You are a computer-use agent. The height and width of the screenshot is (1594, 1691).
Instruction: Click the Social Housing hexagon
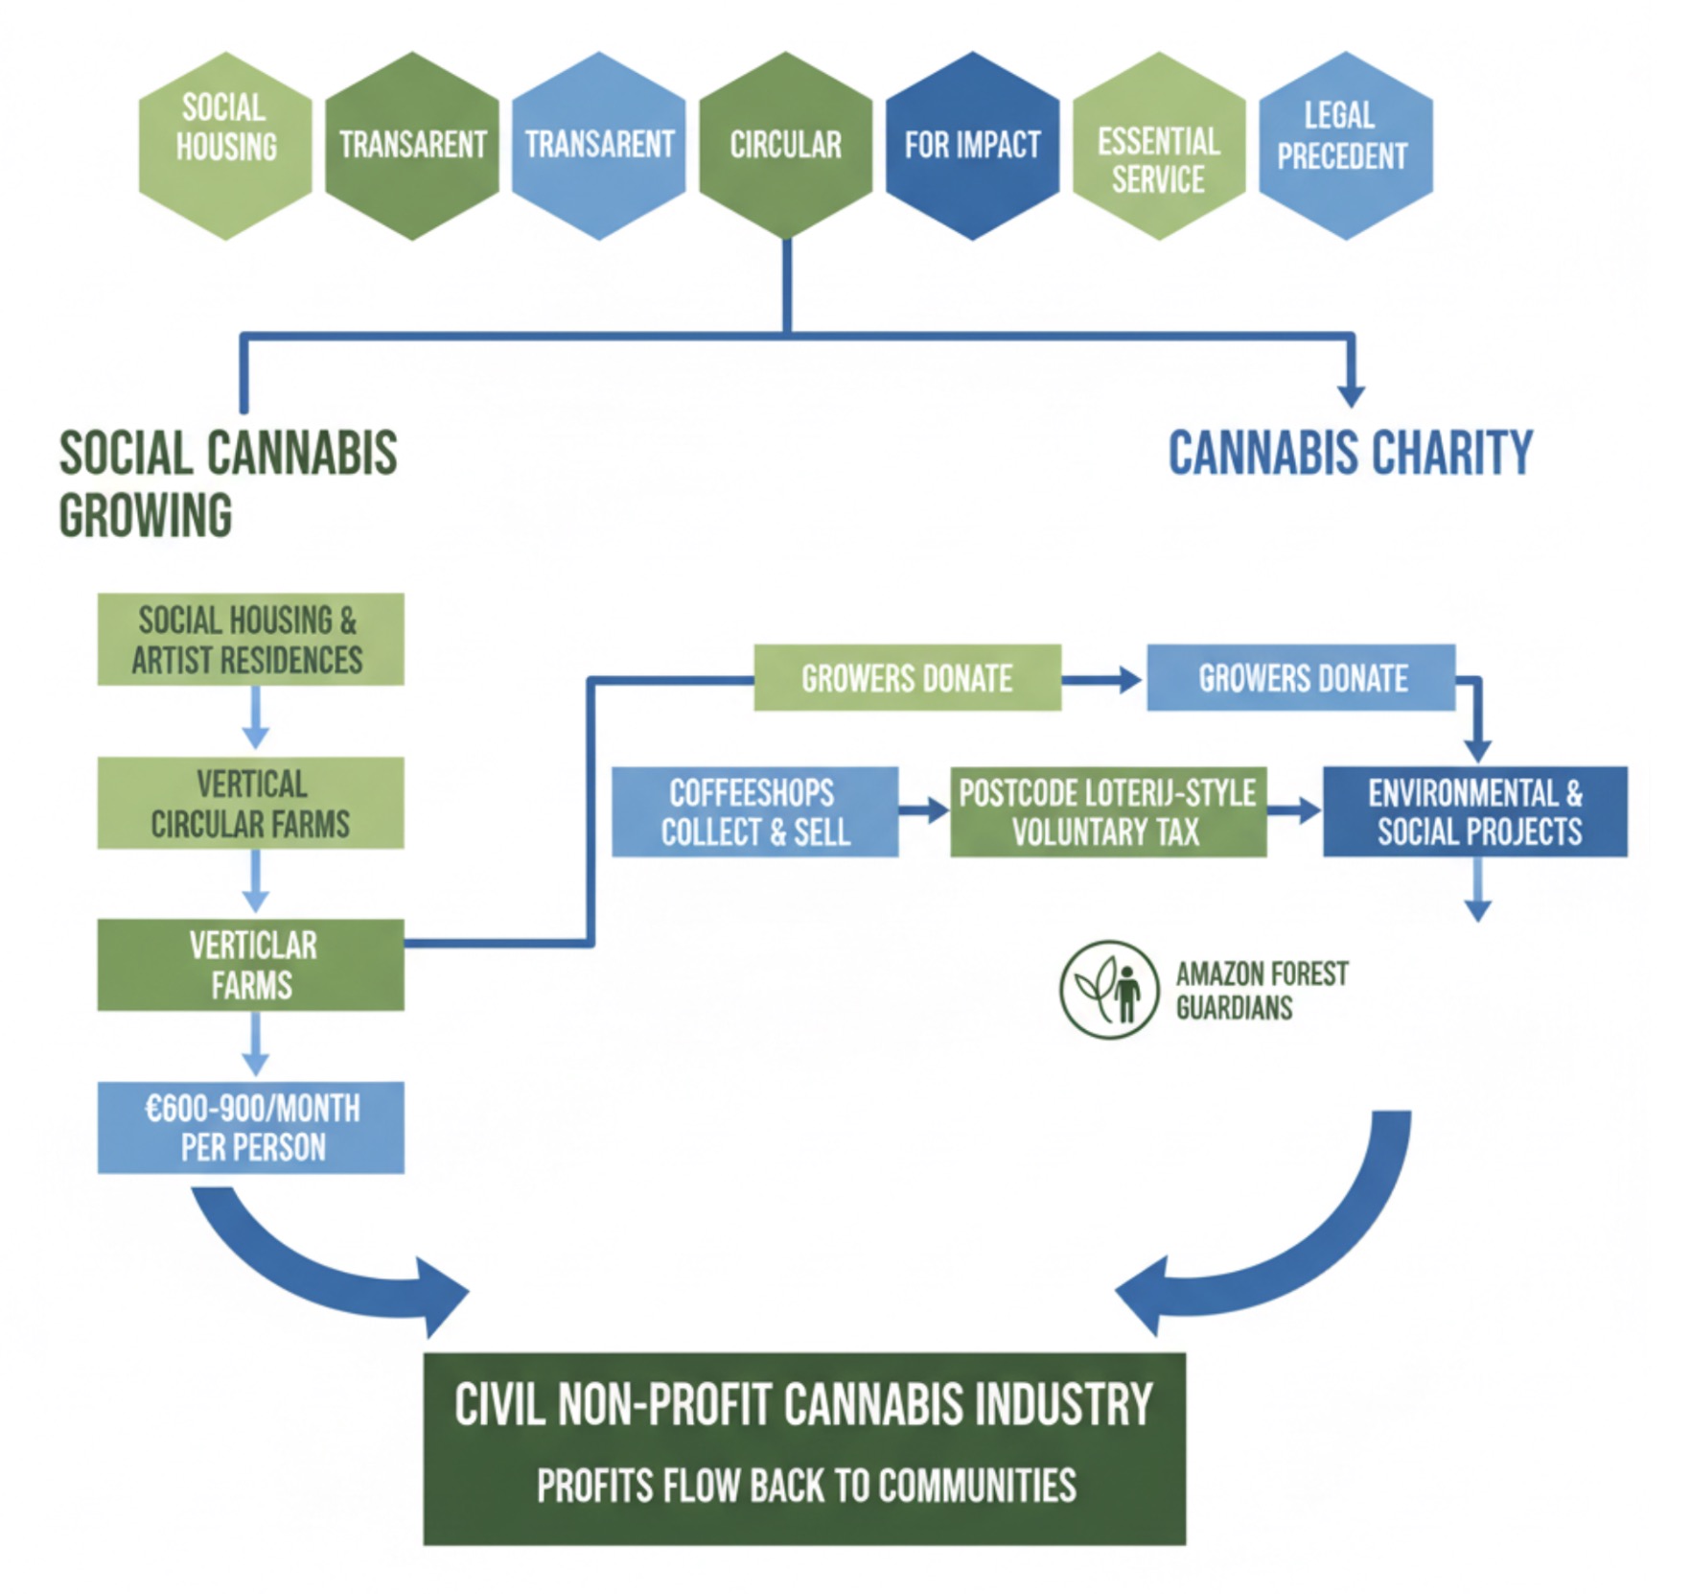coord(225,145)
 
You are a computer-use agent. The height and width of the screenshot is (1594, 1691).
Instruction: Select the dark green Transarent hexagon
coord(412,145)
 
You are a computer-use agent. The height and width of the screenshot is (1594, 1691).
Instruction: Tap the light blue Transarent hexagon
coord(599,145)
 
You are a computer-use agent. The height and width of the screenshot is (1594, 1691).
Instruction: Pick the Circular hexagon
coord(786,145)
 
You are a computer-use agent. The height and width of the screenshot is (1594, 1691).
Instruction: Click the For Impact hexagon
coord(972,145)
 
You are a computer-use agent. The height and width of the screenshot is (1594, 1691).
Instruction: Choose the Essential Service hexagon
coord(1158,145)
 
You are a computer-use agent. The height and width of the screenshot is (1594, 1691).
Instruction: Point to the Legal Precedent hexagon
coord(1345,145)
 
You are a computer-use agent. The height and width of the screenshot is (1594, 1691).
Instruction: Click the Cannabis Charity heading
coord(1350,453)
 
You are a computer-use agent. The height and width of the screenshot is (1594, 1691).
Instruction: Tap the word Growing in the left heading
coord(146,515)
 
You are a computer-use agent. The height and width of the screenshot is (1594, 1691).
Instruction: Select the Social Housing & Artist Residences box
coord(250,639)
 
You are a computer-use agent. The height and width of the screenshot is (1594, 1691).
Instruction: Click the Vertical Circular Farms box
coord(250,803)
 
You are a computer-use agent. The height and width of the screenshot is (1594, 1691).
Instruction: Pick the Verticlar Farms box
coord(250,965)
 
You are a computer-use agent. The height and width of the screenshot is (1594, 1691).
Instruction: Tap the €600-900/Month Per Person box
coord(250,1127)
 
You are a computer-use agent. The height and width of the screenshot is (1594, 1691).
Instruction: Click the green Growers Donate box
coord(907,678)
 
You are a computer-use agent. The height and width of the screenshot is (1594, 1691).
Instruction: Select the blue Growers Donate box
coord(1301,678)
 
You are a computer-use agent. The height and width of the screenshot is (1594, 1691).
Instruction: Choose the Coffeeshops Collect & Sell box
coord(755,811)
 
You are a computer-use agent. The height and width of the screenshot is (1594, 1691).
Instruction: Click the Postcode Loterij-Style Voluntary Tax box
coord(1108,811)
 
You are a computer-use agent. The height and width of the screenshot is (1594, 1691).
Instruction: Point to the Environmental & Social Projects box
coord(1475,811)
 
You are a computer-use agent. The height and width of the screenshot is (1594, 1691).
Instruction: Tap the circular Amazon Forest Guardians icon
coord(1109,989)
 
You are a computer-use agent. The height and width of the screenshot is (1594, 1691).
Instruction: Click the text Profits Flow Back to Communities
coord(805,1486)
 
